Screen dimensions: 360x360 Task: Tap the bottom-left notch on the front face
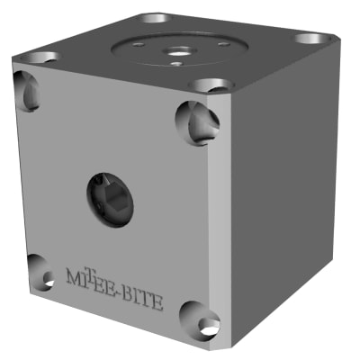point(38,273)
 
